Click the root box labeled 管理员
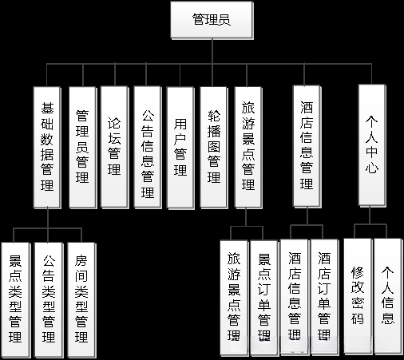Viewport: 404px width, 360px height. click(x=212, y=20)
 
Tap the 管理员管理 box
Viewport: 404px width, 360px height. click(x=82, y=147)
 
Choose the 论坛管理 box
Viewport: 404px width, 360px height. click(x=115, y=147)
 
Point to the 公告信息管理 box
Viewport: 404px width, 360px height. click(x=147, y=147)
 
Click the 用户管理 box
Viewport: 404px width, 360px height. click(x=180, y=147)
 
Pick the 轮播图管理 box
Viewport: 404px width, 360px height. click(x=213, y=147)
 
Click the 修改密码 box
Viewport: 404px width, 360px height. click(x=358, y=295)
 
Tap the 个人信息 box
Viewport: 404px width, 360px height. click(x=388, y=295)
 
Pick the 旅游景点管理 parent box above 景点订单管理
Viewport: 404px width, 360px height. click(x=248, y=147)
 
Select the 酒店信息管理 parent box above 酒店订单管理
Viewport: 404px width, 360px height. click(x=307, y=147)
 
